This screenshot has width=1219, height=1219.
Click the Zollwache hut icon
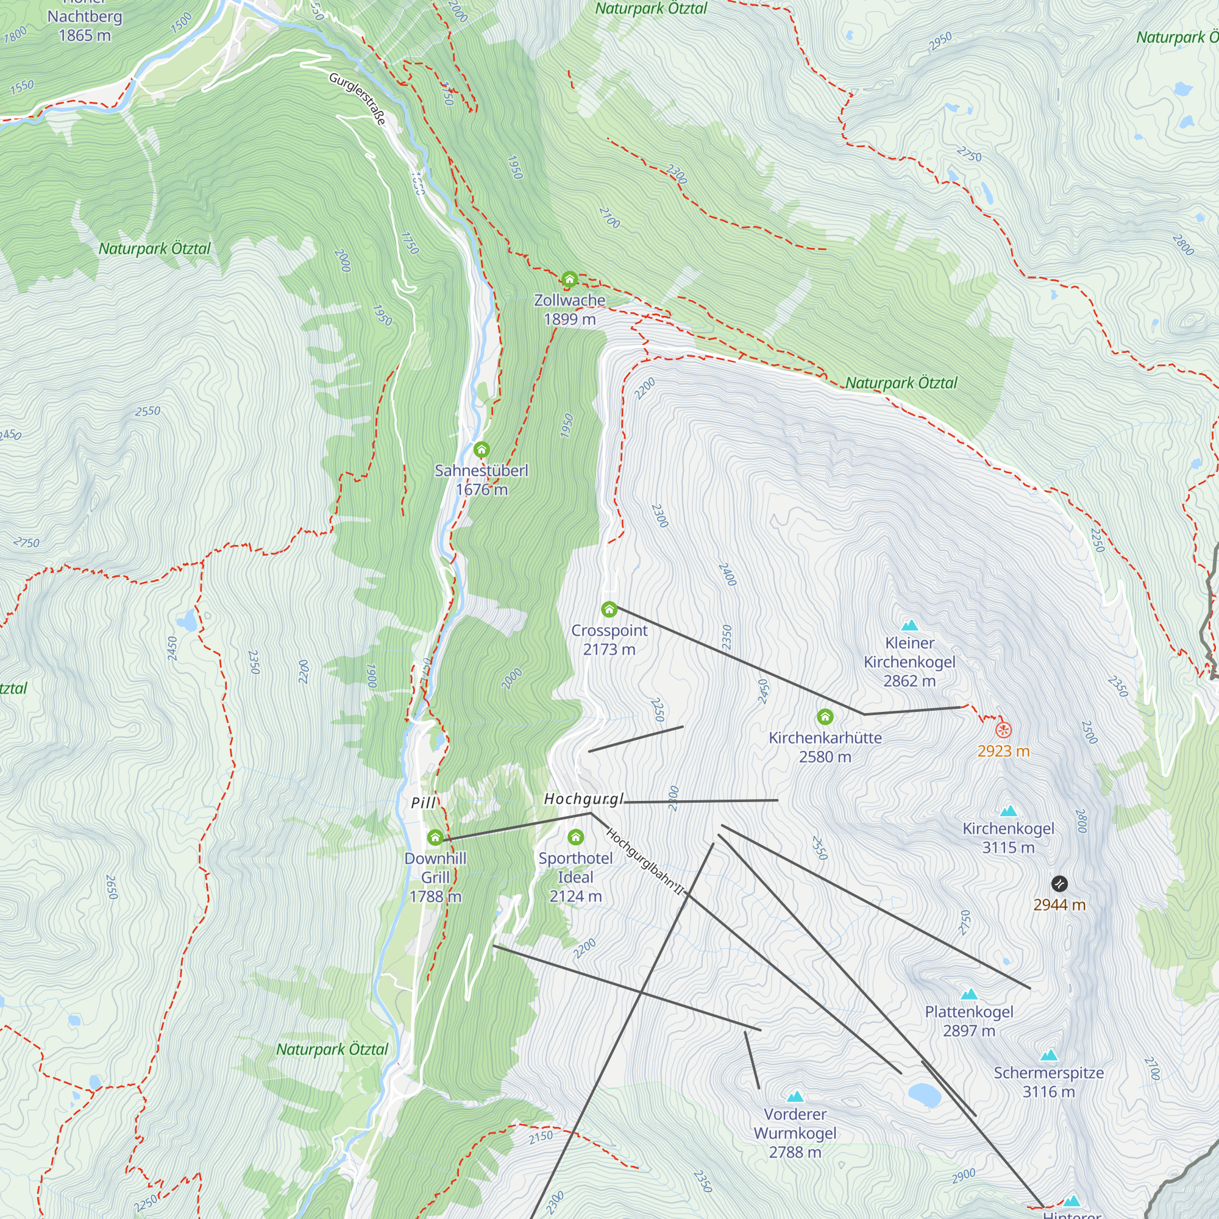click(x=569, y=279)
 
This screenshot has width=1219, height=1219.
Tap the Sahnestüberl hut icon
click(x=482, y=450)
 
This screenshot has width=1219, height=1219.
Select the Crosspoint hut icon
click(x=609, y=609)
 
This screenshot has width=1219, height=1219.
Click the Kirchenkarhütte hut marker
click(x=825, y=717)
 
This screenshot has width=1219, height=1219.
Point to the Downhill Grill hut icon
click(x=435, y=838)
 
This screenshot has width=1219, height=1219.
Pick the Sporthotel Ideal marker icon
click(x=575, y=837)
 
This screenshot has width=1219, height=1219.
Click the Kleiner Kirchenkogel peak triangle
click(x=909, y=625)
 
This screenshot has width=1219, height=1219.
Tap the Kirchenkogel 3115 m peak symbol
click(x=1008, y=811)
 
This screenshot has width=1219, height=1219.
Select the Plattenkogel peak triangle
click(x=968, y=994)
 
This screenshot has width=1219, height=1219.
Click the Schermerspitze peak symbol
click(x=1048, y=1055)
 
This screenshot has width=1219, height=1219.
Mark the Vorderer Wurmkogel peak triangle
click(x=795, y=1096)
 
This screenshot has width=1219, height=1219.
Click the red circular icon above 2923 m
click(x=1003, y=730)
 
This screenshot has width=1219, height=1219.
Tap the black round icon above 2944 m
click(x=1059, y=883)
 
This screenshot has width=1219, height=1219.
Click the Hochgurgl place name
click(x=584, y=800)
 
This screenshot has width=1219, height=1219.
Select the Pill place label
click(x=424, y=803)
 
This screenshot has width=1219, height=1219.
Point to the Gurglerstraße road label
click(x=357, y=98)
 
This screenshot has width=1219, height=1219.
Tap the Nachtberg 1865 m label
click(x=85, y=25)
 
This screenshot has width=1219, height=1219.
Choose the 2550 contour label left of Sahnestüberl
click(x=147, y=411)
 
